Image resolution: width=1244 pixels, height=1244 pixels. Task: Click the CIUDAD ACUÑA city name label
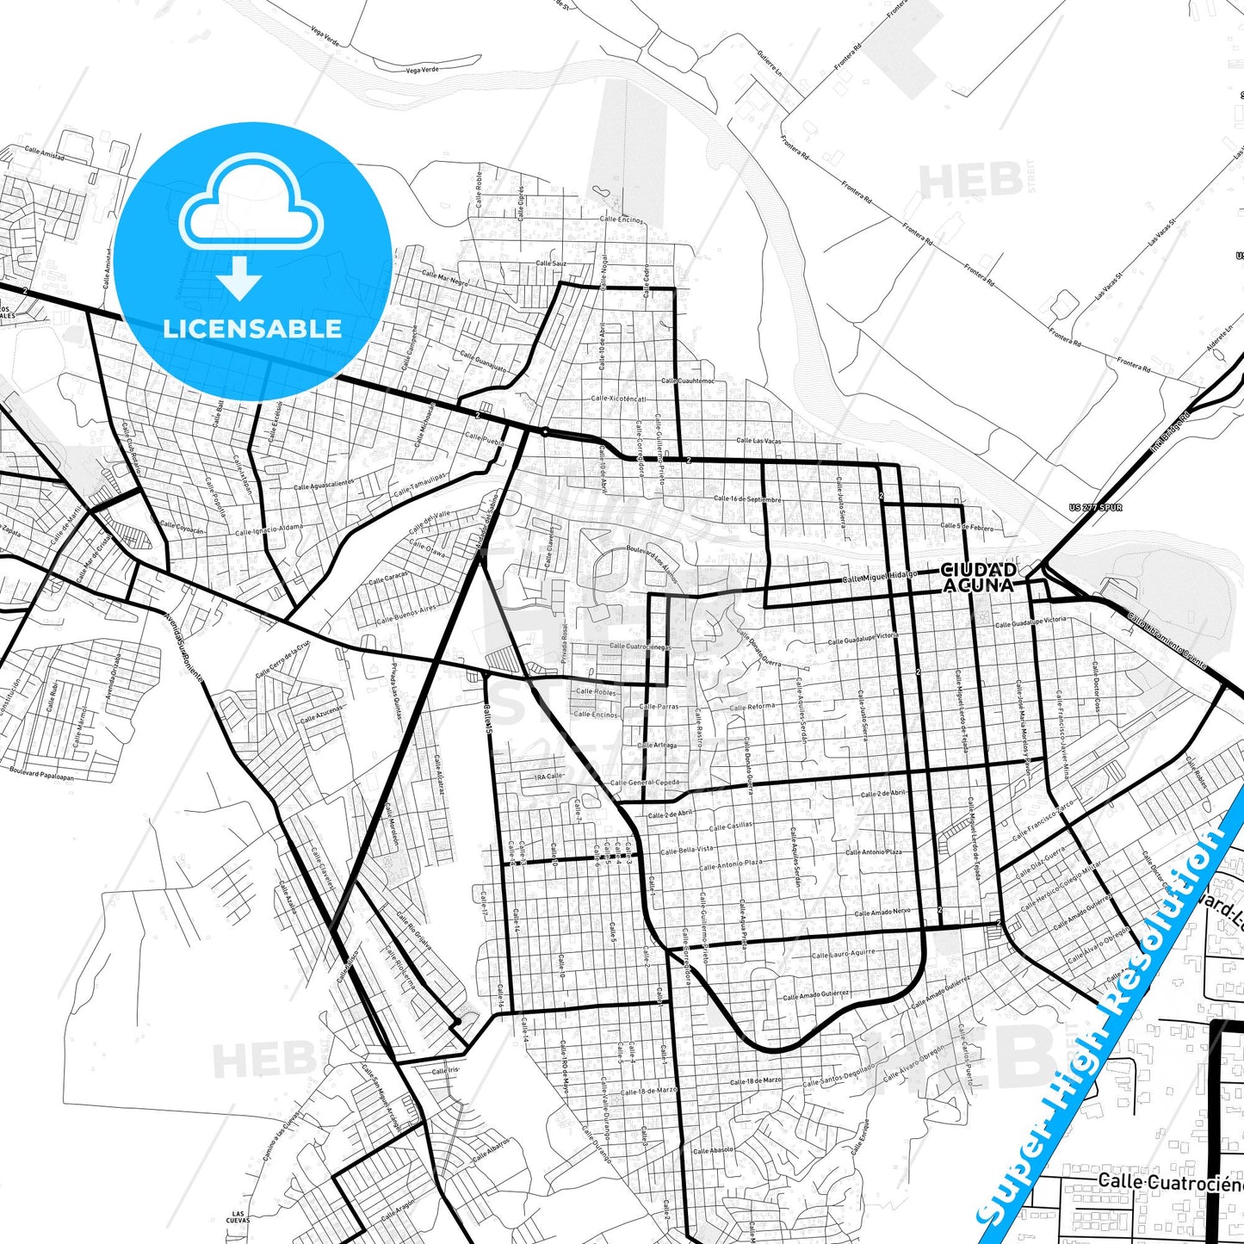(x=978, y=578)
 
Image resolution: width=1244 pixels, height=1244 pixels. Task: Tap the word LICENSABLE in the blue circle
(x=252, y=328)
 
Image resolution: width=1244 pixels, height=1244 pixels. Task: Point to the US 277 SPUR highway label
(x=1095, y=508)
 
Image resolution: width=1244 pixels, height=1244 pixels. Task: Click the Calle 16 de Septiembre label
(x=747, y=498)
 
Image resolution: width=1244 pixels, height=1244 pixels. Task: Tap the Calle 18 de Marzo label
(x=756, y=1080)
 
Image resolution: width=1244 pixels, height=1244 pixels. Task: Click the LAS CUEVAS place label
(x=238, y=1217)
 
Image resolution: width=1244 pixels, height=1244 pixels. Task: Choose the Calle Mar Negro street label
(x=445, y=278)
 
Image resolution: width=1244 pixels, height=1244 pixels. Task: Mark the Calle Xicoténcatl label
(x=618, y=399)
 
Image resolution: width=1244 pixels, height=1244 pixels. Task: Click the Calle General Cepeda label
(x=644, y=783)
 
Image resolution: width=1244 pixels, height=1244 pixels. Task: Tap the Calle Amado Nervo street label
(x=882, y=912)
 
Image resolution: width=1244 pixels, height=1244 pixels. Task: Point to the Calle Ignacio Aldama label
(x=269, y=529)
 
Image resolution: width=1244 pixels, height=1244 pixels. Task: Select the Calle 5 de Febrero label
(x=967, y=526)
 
